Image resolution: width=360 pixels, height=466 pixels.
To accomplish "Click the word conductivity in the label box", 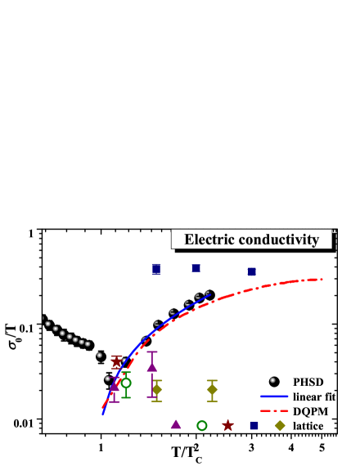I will point(277,240).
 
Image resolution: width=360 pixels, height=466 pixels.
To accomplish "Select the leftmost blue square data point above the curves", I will point(156,269).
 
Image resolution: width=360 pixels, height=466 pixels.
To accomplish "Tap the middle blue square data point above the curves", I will point(196,268).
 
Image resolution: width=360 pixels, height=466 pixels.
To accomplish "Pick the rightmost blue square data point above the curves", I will point(252,271).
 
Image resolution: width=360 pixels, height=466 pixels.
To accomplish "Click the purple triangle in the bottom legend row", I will point(175,424).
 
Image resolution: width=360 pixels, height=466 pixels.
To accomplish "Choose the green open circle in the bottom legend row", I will point(201,425).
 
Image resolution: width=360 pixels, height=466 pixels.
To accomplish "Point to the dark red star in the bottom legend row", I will point(227,425).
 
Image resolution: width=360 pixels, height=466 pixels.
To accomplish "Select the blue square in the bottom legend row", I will point(254,425).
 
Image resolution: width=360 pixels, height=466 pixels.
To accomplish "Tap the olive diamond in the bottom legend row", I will point(280,425).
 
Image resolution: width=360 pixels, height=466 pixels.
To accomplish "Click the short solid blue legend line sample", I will point(274,397).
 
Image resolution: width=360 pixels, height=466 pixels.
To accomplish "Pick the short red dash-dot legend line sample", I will point(274,410).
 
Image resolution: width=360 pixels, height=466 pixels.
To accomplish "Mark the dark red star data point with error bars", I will point(116,363).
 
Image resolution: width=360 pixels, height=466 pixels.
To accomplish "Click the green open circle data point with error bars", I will point(126,383).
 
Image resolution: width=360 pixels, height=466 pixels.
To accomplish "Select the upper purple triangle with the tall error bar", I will point(151,367).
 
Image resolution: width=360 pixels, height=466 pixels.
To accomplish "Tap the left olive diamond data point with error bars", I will point(156,389).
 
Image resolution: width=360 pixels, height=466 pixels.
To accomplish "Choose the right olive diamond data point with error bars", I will point(212,389).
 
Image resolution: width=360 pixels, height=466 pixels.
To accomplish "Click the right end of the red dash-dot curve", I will point(322,280).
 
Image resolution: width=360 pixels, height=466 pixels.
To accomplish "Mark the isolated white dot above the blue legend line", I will point(272,379).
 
